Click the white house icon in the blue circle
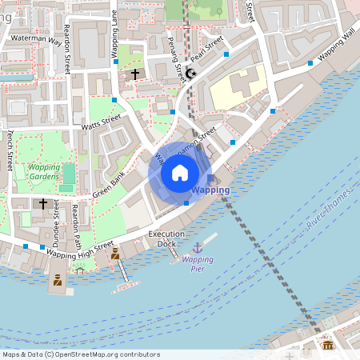[x=180, y=173]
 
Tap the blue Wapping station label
[x=211, y=190]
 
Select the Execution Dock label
[x=166, y=238]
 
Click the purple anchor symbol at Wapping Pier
[x=198, y=248]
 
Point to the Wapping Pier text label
[x=198, y=264]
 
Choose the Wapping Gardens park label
[x=44, y=172]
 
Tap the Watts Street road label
[x=101, y=122]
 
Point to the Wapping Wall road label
[x=338, y=46]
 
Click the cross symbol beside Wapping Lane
[x=134, y=74]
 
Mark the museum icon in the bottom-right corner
[x=327, y=345]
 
